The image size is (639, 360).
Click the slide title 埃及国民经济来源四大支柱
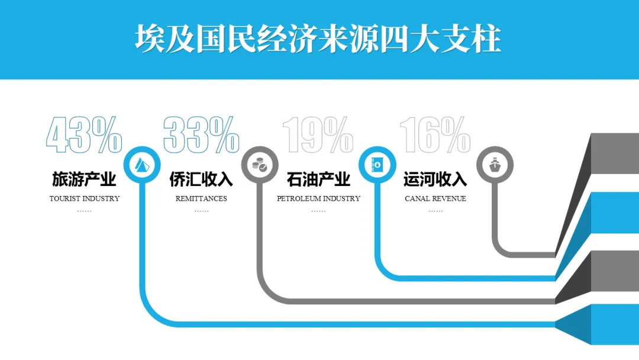click(x=318, y=39)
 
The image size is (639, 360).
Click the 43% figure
click(x=84, y=135)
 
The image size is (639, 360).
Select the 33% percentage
click(x=201, y=135)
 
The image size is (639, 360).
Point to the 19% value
click(x=318, y=135)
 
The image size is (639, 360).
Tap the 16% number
click(x=435, y=135)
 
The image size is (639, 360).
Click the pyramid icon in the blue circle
click(x=142, y=164)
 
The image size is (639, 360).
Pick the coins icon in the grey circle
click(x=259, y=165)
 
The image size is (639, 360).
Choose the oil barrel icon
click(x=377, y=165)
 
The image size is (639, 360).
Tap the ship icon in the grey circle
click(x=495, y=165)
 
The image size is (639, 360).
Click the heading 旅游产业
click(x=84, y=179)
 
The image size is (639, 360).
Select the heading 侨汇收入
click(x=201, y=179)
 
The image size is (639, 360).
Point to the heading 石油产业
click(x=318, y=179)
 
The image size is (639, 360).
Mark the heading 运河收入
click(x=435, y=179)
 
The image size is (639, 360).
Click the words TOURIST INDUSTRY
click(x=85, y=198)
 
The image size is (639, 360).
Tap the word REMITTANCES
click(x=201, y=198)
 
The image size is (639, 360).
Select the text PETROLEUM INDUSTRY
click(x=318, y=198)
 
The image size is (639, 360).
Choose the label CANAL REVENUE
click(x=435, y=198)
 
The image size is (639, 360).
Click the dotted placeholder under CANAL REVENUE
click(x=435, y=211)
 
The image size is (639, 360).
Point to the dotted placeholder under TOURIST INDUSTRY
click(x=85, y=211)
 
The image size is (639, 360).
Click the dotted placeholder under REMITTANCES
click(x=201, y=211)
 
